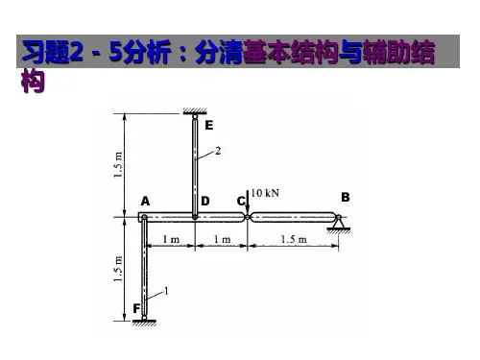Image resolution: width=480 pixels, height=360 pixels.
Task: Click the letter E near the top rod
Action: click(209, 125)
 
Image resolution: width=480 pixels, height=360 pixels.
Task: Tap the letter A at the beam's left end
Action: click(145, 202)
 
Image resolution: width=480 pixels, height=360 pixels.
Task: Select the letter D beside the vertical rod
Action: click(205, 201)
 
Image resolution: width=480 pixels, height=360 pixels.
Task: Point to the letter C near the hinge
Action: click(241, 201)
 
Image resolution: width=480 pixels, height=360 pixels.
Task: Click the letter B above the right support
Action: click(346, 197)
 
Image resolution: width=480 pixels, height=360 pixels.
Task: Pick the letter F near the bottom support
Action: click(136, 308)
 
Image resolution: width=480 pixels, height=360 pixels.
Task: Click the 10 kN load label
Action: click(265, 193)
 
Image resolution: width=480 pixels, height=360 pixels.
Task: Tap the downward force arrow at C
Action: click(248, 203)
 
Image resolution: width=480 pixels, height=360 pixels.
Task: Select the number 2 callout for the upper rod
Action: click(218, 151)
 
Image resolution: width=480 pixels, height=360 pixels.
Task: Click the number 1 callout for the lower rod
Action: click(166, 291)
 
